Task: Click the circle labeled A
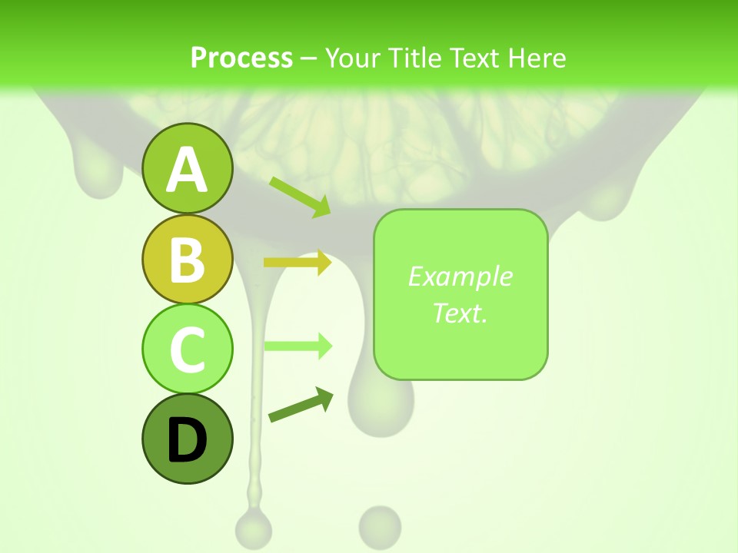point(187,168)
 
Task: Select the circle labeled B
point(187,259)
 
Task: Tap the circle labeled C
point(187,349)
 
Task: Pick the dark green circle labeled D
point(187,439)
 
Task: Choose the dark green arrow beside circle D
point(301,405)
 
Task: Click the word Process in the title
point(241,58)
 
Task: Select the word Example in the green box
point(460,276)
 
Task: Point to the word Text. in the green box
point(460,313)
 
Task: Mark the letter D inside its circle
point(187,440)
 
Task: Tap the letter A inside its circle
point(187,170)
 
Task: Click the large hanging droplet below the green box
point(377,403)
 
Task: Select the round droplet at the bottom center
point(380,526)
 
